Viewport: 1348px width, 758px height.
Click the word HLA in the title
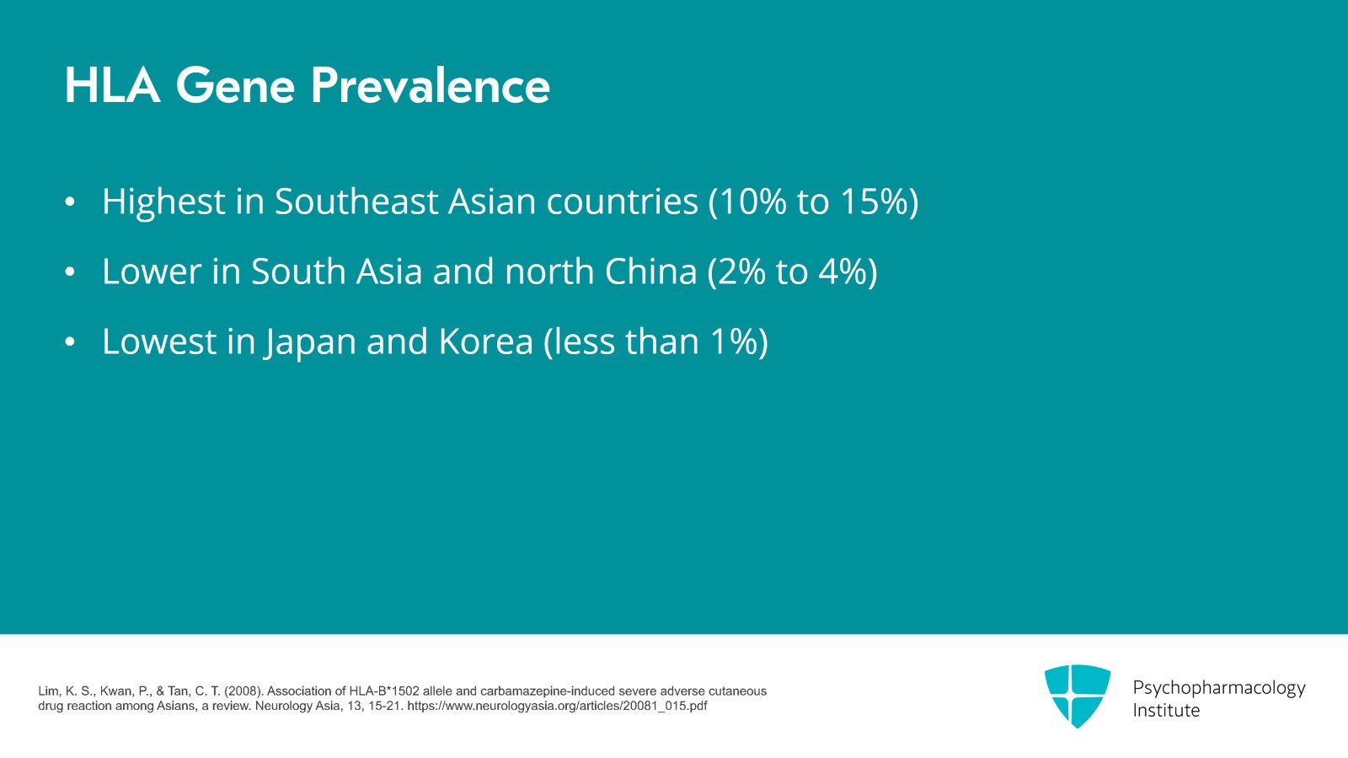point(113,85)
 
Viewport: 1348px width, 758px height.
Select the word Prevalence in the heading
point(431,85)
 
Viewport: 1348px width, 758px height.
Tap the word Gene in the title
point(235,85)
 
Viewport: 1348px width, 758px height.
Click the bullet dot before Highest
point(70,202)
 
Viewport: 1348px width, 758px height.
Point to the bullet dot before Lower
point(70,272)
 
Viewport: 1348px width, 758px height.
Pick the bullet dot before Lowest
point(70,342)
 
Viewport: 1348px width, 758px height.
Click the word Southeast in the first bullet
point(356,201)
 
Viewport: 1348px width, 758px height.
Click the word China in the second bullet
point(650,271)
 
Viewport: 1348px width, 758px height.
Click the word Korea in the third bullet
point(485,341)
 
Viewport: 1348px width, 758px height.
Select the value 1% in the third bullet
point(734,341)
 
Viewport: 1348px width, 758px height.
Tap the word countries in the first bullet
point(623,201)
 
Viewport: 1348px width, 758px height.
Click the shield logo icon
point(1078,696)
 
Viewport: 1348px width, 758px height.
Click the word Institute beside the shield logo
point(1166,711)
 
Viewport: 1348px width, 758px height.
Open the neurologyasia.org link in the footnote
point(557,706)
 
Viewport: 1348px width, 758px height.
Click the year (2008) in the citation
point(243,691)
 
